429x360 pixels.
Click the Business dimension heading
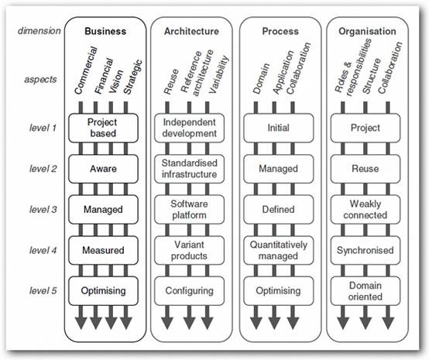point(105,31)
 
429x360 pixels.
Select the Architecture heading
point(191,31)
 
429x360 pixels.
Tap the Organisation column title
point(367,31)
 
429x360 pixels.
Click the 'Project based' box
point(103,128)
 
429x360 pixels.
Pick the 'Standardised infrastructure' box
point(189,169)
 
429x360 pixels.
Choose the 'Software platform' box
point(189,210)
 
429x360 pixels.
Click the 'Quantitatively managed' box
point(279,250)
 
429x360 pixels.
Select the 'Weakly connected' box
point(366,210)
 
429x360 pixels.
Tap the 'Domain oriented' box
point(366,291)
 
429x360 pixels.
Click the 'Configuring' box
point(189,291)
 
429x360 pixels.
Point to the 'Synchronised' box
point(366,250)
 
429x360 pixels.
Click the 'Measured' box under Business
point(103,250)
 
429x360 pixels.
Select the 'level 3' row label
point(43,210)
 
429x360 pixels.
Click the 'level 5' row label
point(43,290)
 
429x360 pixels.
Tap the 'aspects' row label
point(40,80)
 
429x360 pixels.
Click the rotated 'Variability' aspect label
point(218,74)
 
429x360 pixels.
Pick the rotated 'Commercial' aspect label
point(86,70)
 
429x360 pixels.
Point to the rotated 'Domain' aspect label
point(261,79)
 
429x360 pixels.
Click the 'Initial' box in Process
point(279,128)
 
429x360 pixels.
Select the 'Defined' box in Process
point(279,210)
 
